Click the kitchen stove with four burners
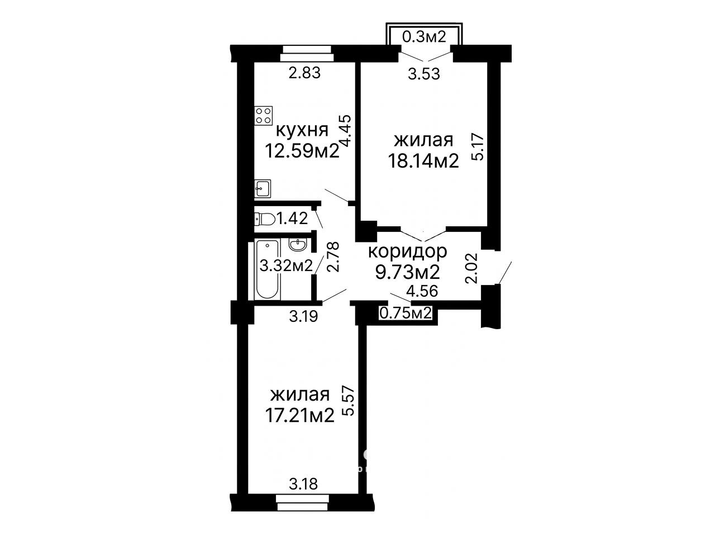tap(264, 116)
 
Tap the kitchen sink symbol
tap(263, 189)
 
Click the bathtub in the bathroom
tap(268, 269)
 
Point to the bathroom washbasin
tap(298, 244)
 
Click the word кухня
tap(302, 131)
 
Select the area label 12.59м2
tap(302, 151)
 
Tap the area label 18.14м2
tap(423, 161)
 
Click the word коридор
tap(408, 252)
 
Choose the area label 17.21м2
tap(299, 415)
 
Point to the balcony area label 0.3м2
tap(424, 37)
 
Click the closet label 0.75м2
tap(406, 313)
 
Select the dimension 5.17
tap(480, 148)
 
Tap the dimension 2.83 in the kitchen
tap(305, 73)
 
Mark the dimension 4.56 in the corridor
tap(422, 291)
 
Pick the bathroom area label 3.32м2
tap(286, 265)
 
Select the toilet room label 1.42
tap(292, 218)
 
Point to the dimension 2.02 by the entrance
tap(472, 268)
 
